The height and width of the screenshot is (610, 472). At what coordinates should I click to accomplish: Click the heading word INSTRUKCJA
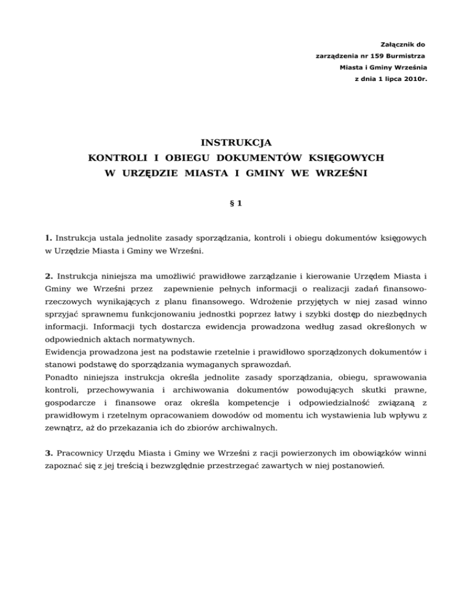pos(236,143)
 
